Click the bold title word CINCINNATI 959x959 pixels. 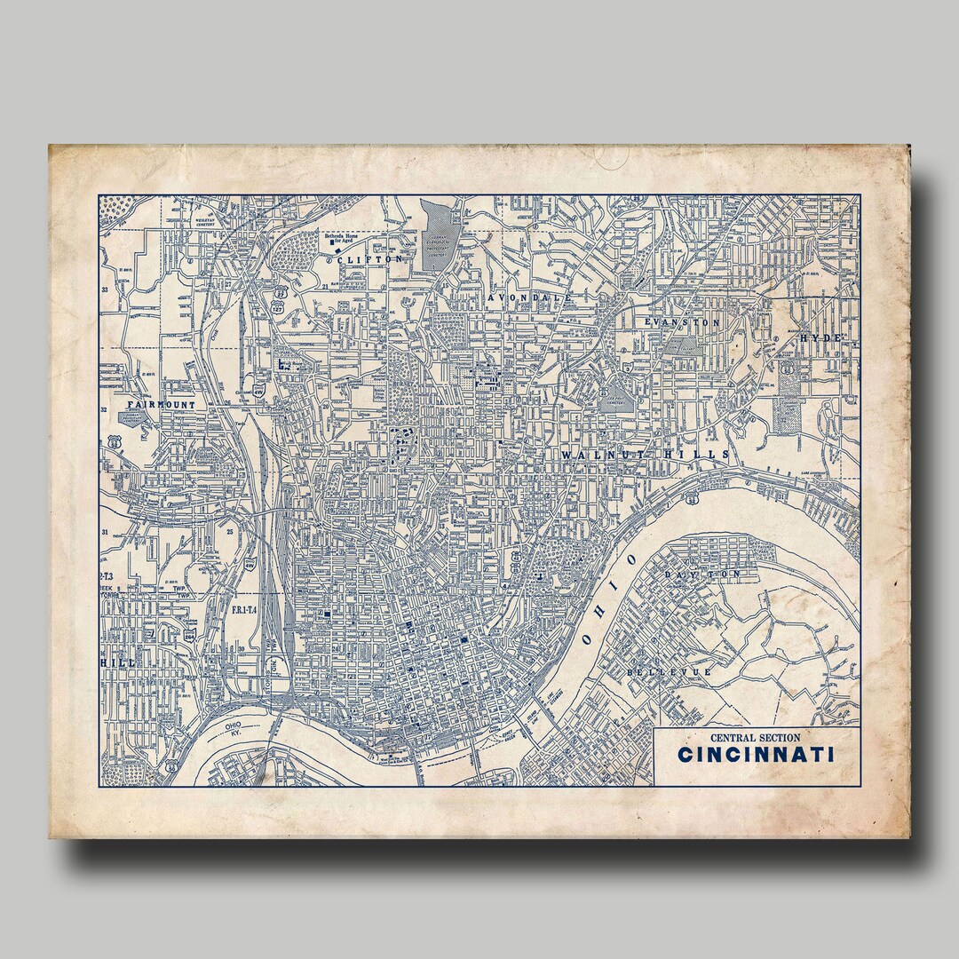tap(756, 756)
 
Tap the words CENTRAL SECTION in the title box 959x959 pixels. tap(755, 737)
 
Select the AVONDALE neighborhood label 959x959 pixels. tap(529, 297)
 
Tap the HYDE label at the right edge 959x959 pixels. tap(819, 338)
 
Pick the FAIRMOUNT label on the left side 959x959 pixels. tap(160, 404)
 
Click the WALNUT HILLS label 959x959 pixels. tap(645, 455)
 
